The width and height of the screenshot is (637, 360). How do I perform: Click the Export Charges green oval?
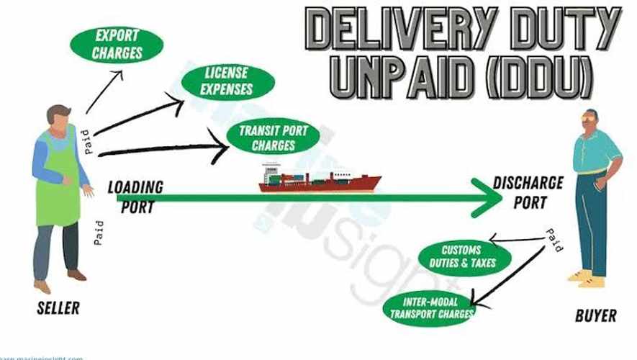(117, 43)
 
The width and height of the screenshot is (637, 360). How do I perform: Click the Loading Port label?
(135, 196)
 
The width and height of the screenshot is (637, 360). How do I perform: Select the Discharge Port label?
(528, 192)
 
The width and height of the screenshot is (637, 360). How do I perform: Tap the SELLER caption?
(58, 309)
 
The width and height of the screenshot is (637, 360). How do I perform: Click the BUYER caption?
(595, 315)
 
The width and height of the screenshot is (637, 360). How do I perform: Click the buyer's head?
(589, 120)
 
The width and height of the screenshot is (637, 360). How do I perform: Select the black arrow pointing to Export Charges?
(104, 91)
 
